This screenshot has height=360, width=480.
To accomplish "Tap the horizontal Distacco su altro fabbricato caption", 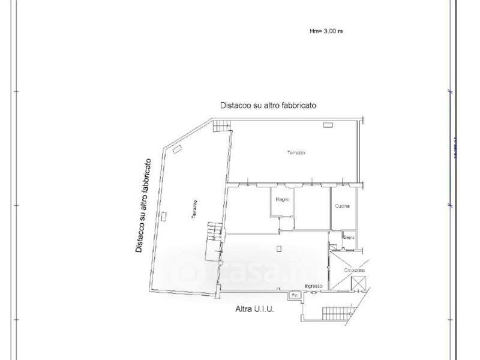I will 268,104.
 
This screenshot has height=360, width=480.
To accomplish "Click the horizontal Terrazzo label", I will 296,154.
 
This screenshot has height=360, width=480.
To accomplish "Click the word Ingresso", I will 314,286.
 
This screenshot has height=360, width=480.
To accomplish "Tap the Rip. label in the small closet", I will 294,295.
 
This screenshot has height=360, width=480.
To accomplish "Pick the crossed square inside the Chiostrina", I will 359,285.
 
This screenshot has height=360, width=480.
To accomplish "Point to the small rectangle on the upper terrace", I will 328,125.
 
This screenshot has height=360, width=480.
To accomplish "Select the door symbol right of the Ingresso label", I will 334,289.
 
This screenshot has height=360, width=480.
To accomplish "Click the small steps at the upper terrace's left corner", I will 223,126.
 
